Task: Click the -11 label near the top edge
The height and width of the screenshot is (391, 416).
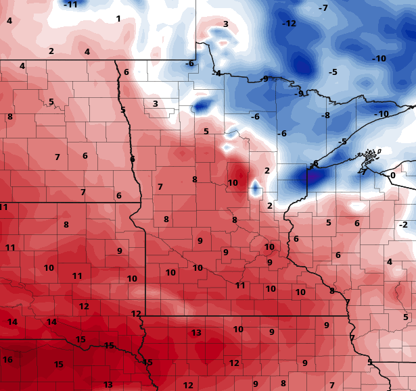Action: point(70,5)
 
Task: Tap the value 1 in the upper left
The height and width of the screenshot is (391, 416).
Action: point(118,19)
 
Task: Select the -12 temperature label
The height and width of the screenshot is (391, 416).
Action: point(289,24)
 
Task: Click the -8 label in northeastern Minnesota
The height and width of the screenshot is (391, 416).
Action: point(325,115)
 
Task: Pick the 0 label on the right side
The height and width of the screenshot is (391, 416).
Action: point(392,176)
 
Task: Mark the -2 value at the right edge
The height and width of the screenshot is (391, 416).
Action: point(403,225)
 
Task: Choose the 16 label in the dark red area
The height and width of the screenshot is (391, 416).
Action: point(7,360)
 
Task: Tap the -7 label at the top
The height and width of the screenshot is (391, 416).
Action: point(323,8)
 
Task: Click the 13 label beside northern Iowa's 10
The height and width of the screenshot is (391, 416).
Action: point(196,333)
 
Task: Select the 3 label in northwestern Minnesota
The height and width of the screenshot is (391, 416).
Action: point(155,104)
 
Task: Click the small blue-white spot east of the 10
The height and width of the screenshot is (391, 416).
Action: point(256,188)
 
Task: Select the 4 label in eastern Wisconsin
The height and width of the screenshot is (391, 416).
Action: point(389,262)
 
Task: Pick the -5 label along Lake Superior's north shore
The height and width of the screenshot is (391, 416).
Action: point(343,142)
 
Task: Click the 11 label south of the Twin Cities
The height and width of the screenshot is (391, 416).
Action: point(240,286)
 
